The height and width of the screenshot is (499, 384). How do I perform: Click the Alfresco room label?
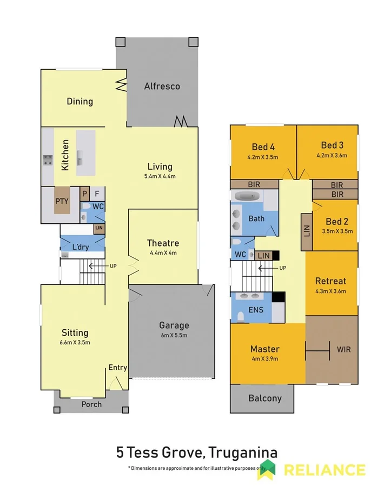[x=162, y=86]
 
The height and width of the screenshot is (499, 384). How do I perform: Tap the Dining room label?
[x=80, y=101]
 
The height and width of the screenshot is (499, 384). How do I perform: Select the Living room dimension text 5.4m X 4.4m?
[x=160, y=176]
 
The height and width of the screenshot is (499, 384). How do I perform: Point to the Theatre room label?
[x=163, y=243]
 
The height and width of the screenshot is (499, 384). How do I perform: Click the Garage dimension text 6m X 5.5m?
[x=174, y=335]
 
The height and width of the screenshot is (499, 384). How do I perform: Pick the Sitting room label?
[x=75, y=332]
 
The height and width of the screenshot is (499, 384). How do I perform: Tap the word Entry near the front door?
[x=117, y=368]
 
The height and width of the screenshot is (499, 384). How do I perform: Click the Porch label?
[x=91, y=404]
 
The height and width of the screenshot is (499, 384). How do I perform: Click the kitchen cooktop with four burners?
[x=48, y=160]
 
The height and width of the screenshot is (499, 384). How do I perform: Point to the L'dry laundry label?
[x=81, y=247]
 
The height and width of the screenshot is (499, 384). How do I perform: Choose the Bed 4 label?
[x=263, y=146]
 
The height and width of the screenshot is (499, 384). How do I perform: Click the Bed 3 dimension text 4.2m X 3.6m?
[x=332, y=156]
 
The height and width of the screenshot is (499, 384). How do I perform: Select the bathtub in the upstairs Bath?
[x=247, y=197]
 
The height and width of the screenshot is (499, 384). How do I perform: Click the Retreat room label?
[x=330, y=281]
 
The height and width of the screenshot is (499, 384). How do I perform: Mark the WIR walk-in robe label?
[x=343, y=349]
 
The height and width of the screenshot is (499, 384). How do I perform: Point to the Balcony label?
[x=265, y=398]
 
